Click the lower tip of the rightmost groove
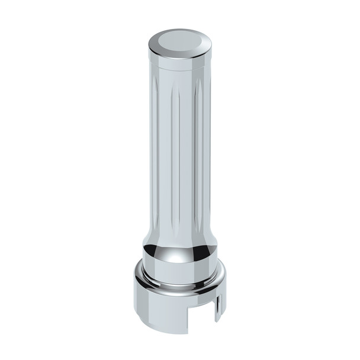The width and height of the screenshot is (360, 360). pos(199,228)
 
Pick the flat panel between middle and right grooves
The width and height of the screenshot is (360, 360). pos(188,154)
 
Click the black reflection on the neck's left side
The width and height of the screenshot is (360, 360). pos(149,249)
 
